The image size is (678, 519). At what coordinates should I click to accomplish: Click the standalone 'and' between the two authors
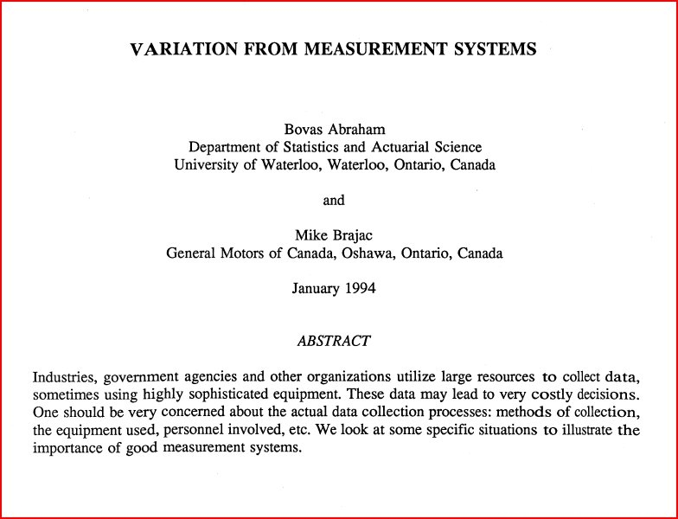(x=334, y=200)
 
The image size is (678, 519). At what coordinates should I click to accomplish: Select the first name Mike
(x=312, y=235)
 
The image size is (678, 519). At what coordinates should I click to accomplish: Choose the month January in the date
(x=317, y=289)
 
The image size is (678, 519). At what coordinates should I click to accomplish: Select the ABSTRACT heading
(x=334, y=341)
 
